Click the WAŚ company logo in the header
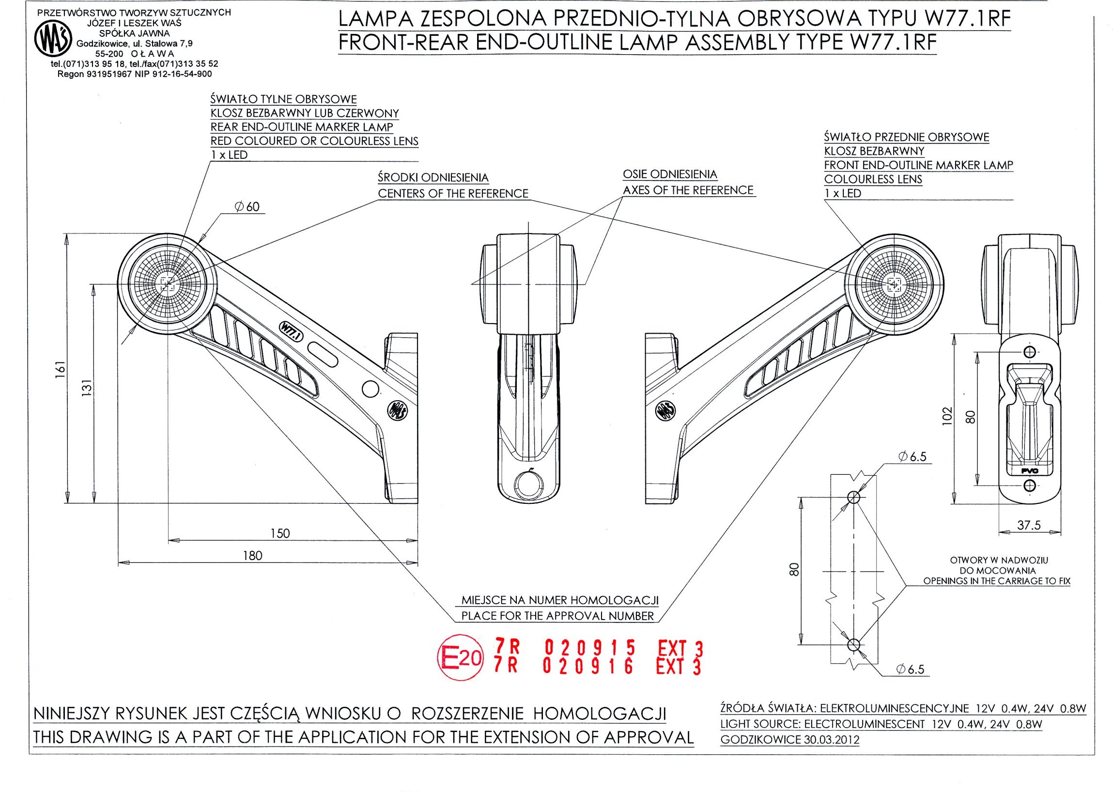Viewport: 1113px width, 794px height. coord(53,40)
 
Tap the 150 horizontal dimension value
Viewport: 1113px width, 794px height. coord(280,533)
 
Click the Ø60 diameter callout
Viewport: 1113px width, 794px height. coord(247,207)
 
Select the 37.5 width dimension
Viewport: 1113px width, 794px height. coord(1028,525)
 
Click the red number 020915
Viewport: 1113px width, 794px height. coord(589,648)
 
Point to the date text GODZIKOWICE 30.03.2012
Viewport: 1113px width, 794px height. coord(789,740)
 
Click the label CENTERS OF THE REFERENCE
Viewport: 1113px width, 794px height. coord(453,194)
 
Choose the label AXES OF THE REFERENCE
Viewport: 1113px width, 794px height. coord(688,190)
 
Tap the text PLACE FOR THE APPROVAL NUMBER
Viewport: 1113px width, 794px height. coord(557,616)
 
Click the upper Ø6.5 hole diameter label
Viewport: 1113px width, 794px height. coord(912,457)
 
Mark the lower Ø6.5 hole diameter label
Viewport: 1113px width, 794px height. coord(910,669)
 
